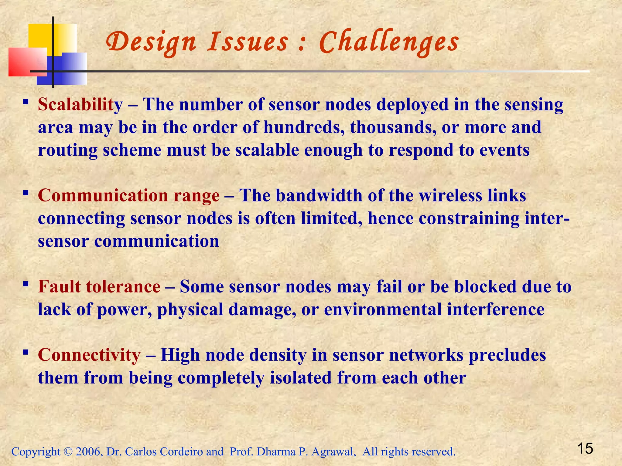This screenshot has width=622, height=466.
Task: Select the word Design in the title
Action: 151,42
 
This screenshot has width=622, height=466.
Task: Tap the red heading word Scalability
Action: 80,105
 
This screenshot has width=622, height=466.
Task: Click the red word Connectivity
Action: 89,355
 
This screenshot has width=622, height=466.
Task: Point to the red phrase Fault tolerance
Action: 99,287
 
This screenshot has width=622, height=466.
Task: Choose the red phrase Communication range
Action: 128,196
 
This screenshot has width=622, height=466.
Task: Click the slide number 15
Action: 585,448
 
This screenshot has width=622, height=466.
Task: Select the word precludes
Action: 507,355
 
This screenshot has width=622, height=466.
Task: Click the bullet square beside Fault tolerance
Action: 26,284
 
